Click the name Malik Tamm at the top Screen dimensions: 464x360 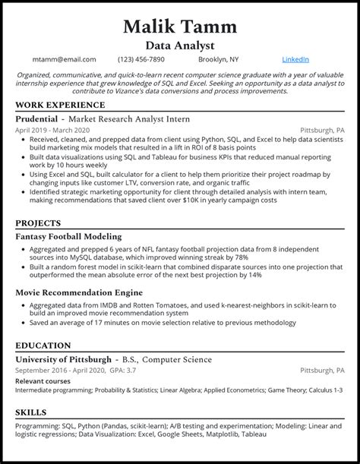179,27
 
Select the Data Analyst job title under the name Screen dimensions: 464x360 179,46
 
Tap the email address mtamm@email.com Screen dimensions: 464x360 65,59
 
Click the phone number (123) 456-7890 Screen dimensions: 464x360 141,59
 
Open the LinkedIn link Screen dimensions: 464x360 295,59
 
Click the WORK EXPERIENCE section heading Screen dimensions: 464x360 60,105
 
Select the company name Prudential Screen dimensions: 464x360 38,119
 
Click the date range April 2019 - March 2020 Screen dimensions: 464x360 52,131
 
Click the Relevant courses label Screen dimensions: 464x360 41,380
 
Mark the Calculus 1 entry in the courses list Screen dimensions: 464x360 325,390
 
